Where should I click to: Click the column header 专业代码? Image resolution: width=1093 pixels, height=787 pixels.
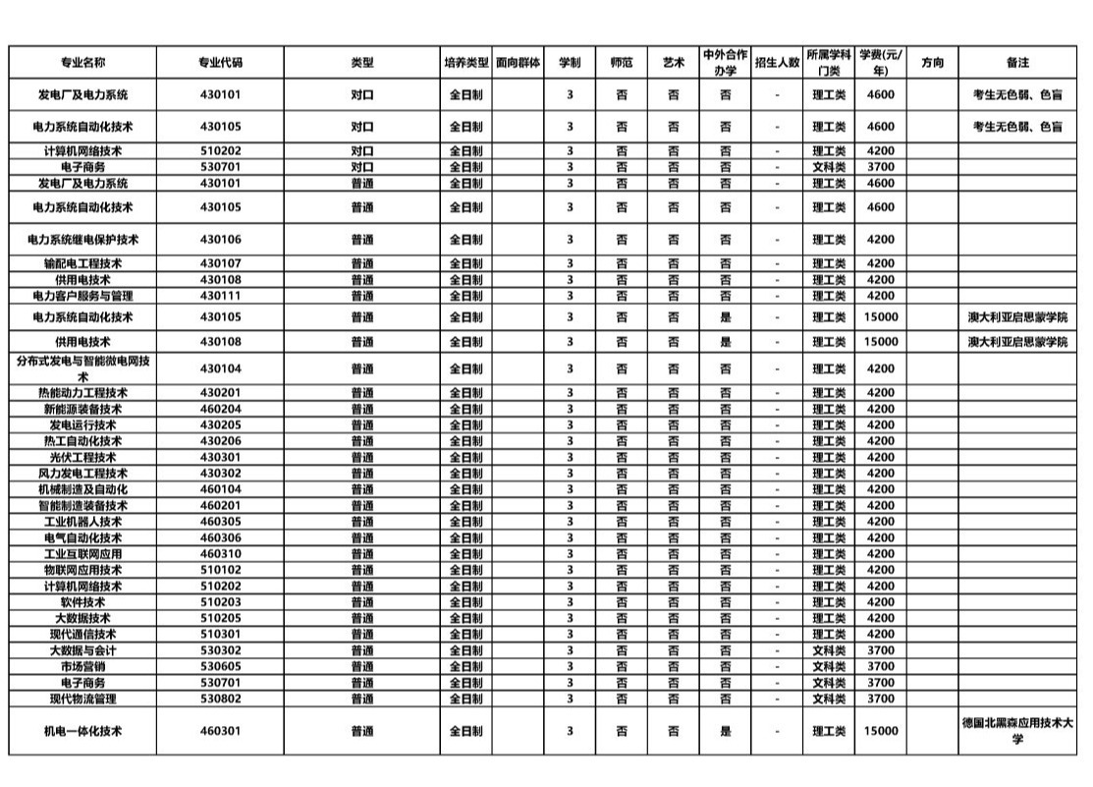pos(220,63)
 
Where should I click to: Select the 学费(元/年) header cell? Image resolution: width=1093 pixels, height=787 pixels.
pos(881,63)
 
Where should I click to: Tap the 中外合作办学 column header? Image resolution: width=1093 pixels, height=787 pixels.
pos(725,63)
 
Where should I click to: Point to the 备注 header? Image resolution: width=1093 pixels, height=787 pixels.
pos(1017,63)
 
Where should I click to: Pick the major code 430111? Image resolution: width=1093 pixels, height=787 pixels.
pos(220,296)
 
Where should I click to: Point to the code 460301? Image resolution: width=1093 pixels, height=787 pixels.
pos(220,731)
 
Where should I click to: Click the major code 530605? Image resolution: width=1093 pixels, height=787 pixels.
pos(220,666)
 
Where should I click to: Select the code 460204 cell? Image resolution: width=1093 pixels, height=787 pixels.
pos(220,409)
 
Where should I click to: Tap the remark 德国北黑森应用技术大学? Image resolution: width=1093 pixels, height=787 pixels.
pos(1017,731)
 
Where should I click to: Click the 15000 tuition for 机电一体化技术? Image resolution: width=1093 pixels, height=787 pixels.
pos(881,731)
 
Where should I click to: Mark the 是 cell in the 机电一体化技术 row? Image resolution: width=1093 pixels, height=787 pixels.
pos(725,731)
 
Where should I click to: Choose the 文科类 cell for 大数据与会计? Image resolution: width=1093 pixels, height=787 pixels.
pos(829,650)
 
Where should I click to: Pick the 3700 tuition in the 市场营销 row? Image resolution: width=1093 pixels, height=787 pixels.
pos(881,666)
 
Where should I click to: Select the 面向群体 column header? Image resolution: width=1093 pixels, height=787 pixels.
pos(518,63)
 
